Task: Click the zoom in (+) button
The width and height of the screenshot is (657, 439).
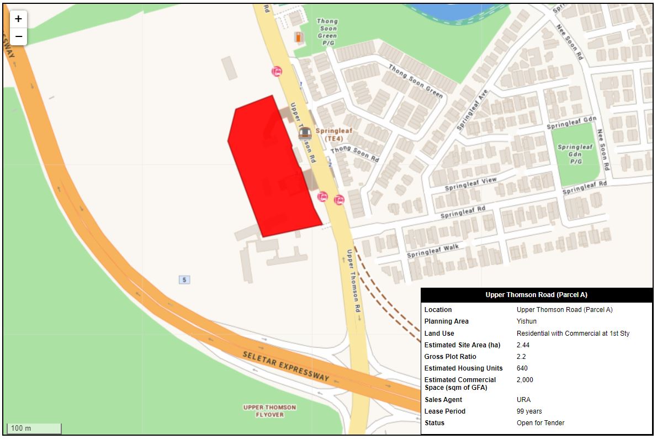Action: tap(18, 19)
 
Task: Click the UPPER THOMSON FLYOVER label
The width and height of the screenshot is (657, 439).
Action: tap(269, 411)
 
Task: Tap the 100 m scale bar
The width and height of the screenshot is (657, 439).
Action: tap(34, 428)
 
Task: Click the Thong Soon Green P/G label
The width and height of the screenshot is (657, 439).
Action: tap(327, 32)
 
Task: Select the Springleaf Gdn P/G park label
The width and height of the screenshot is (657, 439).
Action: tap(575, 155)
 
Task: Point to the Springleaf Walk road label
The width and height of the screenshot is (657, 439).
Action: tap(433, 251)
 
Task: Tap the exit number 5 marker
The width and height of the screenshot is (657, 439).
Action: tap(184, 280)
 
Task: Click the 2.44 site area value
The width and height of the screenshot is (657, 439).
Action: tap(523, 345)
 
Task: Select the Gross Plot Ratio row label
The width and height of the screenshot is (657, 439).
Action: tap(450, 357)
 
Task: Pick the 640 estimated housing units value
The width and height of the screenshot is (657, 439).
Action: tap(522, 368)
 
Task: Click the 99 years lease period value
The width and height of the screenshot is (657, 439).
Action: tap(529, 411)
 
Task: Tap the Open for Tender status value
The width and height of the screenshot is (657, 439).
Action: tap(540, 423)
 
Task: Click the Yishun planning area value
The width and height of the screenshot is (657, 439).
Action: tap(526, 321)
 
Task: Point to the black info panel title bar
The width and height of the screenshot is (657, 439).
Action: tap(536, 295)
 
